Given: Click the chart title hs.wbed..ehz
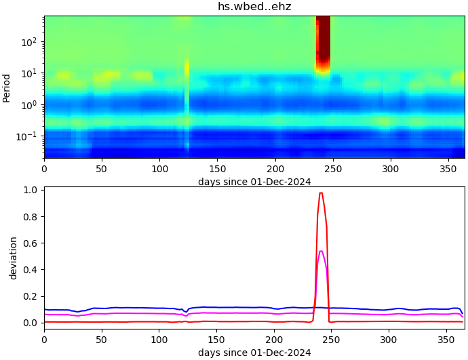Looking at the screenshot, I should (254, 7).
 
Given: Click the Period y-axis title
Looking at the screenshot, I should (7, 87).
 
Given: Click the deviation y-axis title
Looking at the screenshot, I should (13, 258).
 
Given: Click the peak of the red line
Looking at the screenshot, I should (321, 193).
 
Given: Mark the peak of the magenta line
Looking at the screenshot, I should (321, 252).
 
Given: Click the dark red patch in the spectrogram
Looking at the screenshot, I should (324, 41).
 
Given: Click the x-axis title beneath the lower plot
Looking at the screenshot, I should (254, 353).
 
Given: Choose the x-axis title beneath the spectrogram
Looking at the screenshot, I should (254, 182).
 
